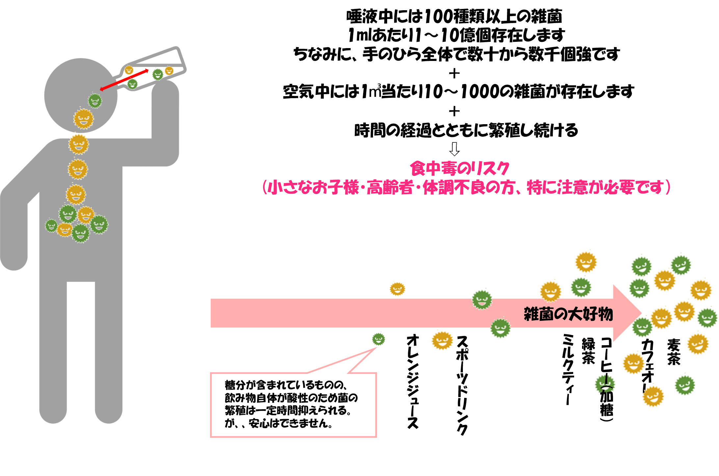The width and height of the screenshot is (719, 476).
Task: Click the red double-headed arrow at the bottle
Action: [124, 79]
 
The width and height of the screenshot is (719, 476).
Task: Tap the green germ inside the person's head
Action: [95, 100]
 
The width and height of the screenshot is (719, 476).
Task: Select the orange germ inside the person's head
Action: [83, 119]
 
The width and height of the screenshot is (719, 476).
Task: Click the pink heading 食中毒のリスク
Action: [460, 169]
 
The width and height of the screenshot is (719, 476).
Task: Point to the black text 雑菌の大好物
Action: [568, 314]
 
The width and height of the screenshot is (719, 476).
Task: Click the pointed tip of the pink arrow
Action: [640, 313]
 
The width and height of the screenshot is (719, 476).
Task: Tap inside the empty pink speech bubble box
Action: [293, 405]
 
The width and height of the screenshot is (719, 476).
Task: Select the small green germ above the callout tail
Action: [379, 339]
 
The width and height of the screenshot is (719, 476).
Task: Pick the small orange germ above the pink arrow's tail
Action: [397, 289]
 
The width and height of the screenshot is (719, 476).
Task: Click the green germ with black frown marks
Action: [605, 384]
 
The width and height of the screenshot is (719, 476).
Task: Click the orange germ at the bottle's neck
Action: [129, 70]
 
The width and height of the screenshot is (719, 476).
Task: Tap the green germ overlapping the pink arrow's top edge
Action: [482, 299]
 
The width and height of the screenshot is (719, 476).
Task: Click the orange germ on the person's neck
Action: [78, 144]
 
